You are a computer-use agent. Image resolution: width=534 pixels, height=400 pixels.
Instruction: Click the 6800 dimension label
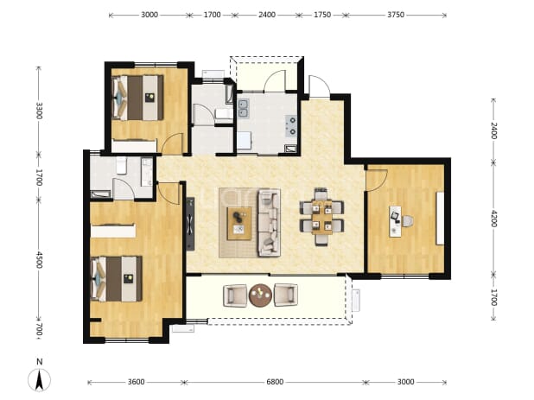[x=275, y=382]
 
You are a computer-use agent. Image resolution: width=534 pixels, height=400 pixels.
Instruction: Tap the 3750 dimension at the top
[x=396, y=15]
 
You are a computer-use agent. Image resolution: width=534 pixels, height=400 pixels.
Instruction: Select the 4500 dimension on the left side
[x=39, y=260]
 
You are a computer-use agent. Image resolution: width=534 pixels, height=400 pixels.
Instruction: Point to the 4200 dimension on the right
[x=493, y=219]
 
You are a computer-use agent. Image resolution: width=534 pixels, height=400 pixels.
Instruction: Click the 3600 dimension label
[x=136, y=382]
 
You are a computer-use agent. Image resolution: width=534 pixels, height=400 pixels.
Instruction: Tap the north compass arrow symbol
[x=40, y=379]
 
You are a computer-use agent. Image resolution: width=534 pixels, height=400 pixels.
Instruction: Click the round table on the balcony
[x=261, y=295]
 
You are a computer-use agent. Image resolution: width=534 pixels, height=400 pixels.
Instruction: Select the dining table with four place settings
[x=321, y=217]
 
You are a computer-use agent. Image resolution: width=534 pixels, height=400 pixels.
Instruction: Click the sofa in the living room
[x=269, y=223]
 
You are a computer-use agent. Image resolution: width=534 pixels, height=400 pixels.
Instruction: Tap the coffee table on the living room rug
[x=239, y=223]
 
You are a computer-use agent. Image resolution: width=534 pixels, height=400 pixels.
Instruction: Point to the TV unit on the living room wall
[x=190, y=224]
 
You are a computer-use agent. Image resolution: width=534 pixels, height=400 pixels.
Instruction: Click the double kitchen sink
[x=244, y=108]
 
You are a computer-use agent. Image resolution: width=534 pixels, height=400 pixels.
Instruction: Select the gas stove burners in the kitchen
[x=291, y=125]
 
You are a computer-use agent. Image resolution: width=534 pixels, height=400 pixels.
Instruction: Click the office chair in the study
[x=408, y=221]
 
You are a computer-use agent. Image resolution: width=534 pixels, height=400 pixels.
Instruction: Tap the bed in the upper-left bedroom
[x=137, y=98]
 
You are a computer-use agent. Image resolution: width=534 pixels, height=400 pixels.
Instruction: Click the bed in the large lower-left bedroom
[x=116, y=279]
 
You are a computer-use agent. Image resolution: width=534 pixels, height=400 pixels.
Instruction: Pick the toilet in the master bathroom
[x=121, y=166]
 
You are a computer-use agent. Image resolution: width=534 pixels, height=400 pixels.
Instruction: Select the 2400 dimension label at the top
[x=267, y=15]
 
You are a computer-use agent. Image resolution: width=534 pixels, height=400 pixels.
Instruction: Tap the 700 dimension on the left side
[x=39, y=329]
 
